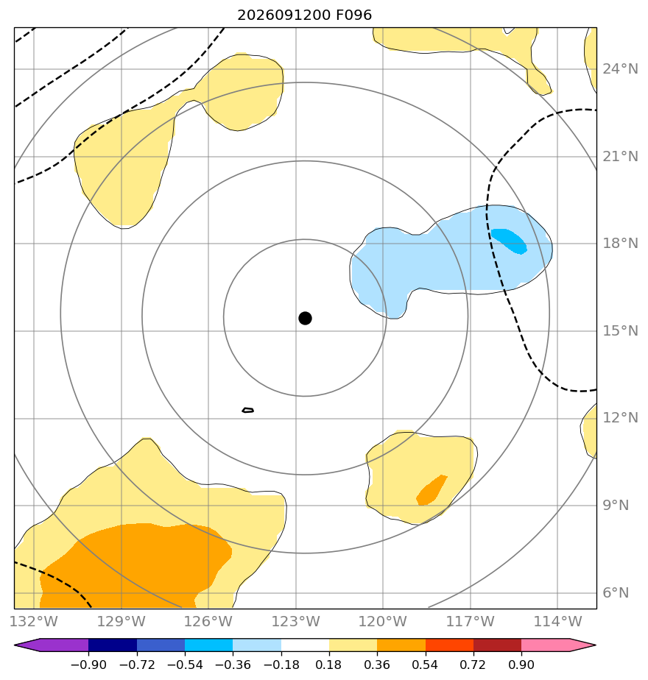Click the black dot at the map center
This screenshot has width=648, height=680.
(x=305, y=319)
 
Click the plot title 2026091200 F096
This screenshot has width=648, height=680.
(x=305, y=15)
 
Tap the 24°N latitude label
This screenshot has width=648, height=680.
(x=620, y=69)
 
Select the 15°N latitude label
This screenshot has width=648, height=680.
(x=620, y=331)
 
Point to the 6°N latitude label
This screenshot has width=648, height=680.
(x=616, y=593)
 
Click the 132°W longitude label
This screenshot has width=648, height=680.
(x=34, y=621)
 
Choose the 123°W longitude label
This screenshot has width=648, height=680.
(x=296, y=621)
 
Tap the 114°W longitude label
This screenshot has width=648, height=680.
(x=557, y=621)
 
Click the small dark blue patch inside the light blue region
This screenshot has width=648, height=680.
(x=509, y=241)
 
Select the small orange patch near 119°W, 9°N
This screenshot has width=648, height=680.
(x=431, y=490)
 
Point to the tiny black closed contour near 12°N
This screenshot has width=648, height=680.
(x=248, y=410)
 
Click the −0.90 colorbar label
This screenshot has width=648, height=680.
(x=88, y=665)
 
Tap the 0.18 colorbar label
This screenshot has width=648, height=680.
(x=329, y=665)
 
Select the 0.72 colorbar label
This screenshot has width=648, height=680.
(x=473, y=665)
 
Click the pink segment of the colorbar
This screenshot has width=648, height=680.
(x=545, y=645)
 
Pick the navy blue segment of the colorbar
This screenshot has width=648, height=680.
(x=113, y=645)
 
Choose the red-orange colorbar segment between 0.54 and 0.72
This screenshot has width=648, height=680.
(x=449, y=645)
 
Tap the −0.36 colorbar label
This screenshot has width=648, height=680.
(x=233, y=665)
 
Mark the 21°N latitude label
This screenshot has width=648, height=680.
(x=620, y=157)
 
